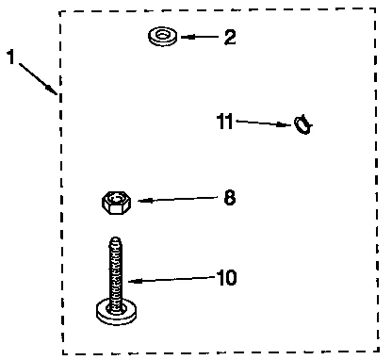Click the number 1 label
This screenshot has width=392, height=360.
tap(10, 57)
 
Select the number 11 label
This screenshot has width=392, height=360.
tap(224, 121)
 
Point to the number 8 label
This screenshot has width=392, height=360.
tap(230, 198)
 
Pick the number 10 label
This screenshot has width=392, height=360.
tap(227, 278)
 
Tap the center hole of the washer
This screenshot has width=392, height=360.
tap(163, 36)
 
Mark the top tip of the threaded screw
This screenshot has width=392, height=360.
tap(115, 239)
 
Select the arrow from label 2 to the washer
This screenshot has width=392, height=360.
tap(200, 38)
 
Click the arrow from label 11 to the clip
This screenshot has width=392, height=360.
tap(264, 123)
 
